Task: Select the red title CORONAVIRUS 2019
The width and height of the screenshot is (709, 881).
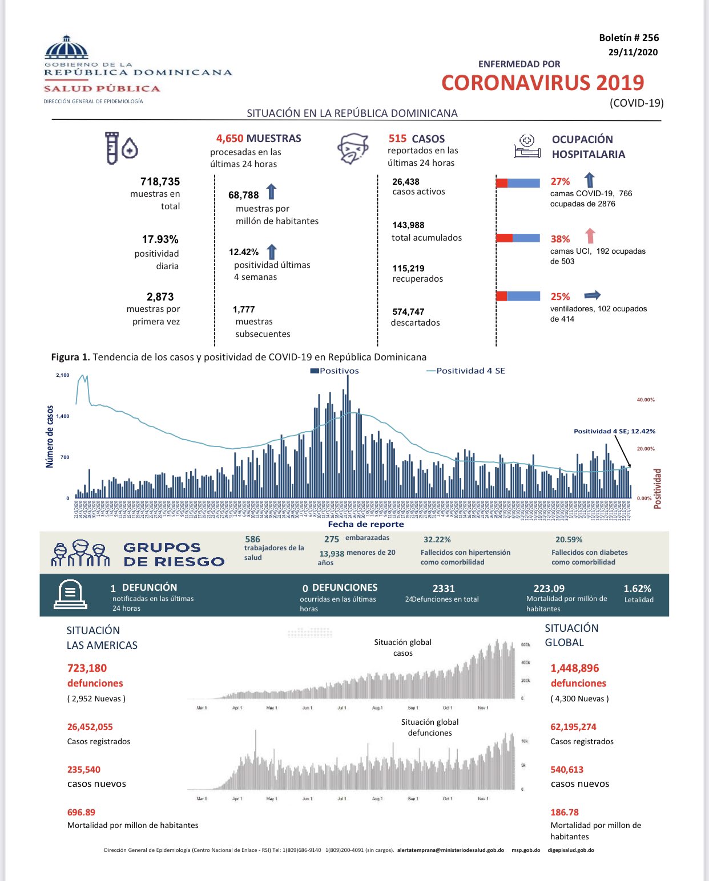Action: (542, 83)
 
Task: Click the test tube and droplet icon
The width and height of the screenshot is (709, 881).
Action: (120, 148)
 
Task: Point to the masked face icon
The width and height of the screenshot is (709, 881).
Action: (353, 149)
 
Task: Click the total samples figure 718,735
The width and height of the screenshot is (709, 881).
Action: (160, 182)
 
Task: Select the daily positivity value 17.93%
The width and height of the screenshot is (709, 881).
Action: (160, 239)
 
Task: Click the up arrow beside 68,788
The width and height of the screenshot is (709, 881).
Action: (271, 192)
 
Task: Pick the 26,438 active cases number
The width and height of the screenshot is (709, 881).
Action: (406, 182)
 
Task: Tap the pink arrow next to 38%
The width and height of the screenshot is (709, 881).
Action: (590, 236)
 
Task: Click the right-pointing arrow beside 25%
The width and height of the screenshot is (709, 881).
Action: (593, 295)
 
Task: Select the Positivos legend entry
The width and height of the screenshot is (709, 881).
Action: (335, 371)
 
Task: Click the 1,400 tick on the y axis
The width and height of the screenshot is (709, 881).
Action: (62, 416)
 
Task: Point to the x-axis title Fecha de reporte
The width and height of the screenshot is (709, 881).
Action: (365, 524)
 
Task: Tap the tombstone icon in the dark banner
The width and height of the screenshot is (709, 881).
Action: (70, 595)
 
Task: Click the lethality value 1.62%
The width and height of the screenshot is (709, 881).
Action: (637, 588)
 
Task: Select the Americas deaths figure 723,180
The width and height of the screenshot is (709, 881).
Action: (87, 668)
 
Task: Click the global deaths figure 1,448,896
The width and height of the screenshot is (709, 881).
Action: (574, 668)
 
